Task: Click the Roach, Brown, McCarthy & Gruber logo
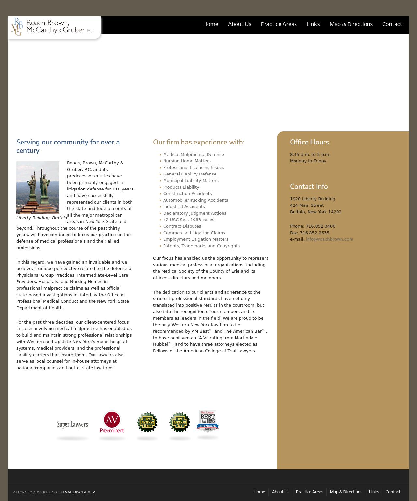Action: coord(52,26)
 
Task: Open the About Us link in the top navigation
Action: coord(239,24)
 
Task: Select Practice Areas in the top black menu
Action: coord(279,24)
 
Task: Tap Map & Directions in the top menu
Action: coord(351,24)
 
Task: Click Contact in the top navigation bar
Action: coord(392,24)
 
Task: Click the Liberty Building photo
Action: coord(38,187)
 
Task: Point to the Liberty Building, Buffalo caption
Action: coord(41,218)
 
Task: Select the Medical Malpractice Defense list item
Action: coord(194,154)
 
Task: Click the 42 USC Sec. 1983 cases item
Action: coord(189,220)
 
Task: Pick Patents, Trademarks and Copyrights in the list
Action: coord(201,246)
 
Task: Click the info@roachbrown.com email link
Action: coord(329,239)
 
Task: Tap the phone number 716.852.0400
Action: coord(320,226)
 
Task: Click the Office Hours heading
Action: coord(309,142)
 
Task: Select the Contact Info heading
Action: coord(309,187)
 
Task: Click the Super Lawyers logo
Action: coord(73,424)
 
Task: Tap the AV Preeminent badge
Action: coord(112,422)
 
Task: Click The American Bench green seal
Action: coord(147,422)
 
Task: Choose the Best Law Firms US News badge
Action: coord(208,421)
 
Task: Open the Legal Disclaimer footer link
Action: coord(78,492)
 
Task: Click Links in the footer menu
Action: coord(374,492)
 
